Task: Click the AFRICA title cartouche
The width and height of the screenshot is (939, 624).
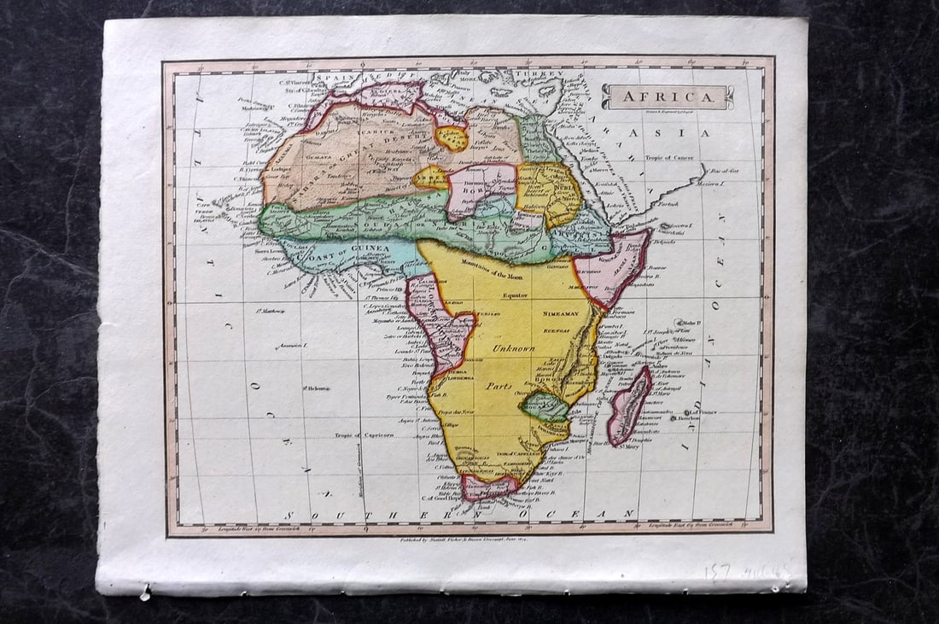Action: (x=668, y=96)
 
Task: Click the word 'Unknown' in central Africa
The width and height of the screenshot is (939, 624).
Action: (x=513, y=348)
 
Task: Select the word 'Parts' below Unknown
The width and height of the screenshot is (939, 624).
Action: (x=499, y=386)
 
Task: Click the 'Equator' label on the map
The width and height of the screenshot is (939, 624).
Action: (x=516, y=295)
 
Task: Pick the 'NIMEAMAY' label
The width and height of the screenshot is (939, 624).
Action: (x=560, y=314)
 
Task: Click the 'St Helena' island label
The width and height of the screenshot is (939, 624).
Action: (x=316, y=388)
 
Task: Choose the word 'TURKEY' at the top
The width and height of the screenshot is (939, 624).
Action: (x=545, y=75)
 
